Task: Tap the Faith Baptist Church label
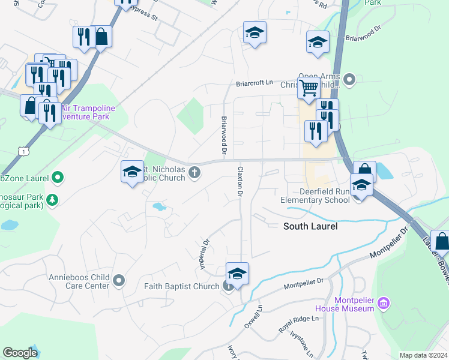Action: coord(182,286)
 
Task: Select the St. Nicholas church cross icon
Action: coord(194,173)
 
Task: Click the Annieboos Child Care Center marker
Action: coord(119,280)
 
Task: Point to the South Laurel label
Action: coord(310,226)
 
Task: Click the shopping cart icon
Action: coord(309,88)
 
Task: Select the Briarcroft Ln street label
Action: coord(254,83)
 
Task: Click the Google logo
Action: coord(20,353)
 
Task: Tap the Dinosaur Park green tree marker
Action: coord(53,199)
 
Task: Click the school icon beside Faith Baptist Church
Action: coord(237,273)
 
